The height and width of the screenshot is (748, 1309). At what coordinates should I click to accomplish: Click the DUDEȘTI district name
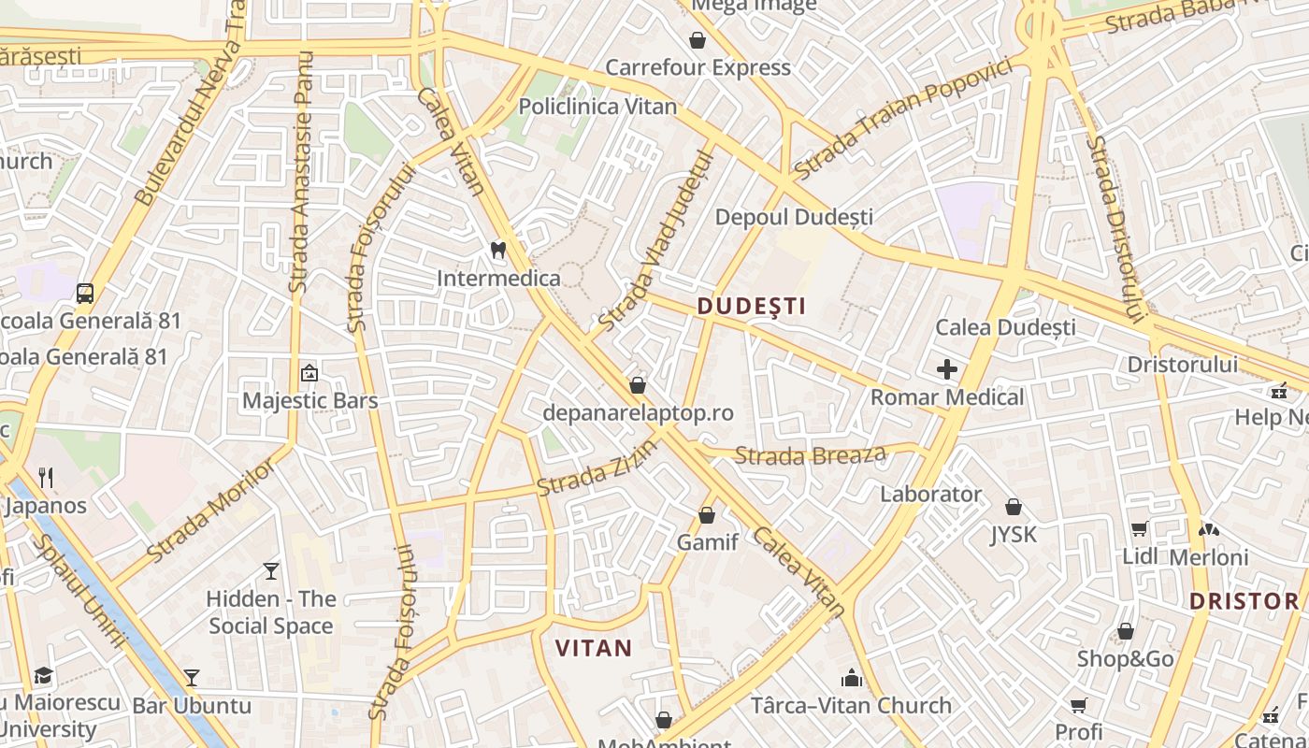tap(751, 306)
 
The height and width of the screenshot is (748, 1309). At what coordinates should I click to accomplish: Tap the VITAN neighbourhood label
tap(594, 647)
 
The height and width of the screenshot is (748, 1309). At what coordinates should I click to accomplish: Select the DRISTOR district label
tap(1244, 600)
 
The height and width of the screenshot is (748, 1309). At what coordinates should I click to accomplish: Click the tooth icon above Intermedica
tap(498, 251)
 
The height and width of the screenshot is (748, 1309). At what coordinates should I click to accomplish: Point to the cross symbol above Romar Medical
tap(947, 369)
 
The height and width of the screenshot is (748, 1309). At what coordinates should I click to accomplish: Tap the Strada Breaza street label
tap(810, 456)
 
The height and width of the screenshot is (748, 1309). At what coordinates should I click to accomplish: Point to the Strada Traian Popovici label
tap(903, 119)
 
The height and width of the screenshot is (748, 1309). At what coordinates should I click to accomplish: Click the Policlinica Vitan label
tap(597, 106)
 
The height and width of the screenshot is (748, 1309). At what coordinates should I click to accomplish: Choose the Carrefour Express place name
tap(698, 67)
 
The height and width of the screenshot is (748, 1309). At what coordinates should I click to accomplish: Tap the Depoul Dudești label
tap(794, 217)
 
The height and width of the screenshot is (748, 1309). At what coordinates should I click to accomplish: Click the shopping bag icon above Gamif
tap(707, 515)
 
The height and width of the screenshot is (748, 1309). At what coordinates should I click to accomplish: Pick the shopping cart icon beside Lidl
tap(1139, 529)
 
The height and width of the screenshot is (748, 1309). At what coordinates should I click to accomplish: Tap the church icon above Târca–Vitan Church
tap(852, 677)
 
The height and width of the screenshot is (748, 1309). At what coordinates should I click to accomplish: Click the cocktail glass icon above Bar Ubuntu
tap(192, 677)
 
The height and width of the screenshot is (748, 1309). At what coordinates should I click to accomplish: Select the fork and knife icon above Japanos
tap(46, 478)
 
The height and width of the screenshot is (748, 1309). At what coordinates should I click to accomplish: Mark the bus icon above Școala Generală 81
tap(85, 293)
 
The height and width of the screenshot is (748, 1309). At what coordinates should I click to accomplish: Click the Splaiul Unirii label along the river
tap(79, 592)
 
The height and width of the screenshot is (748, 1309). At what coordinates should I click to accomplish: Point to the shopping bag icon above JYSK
tap(1014, 507)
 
